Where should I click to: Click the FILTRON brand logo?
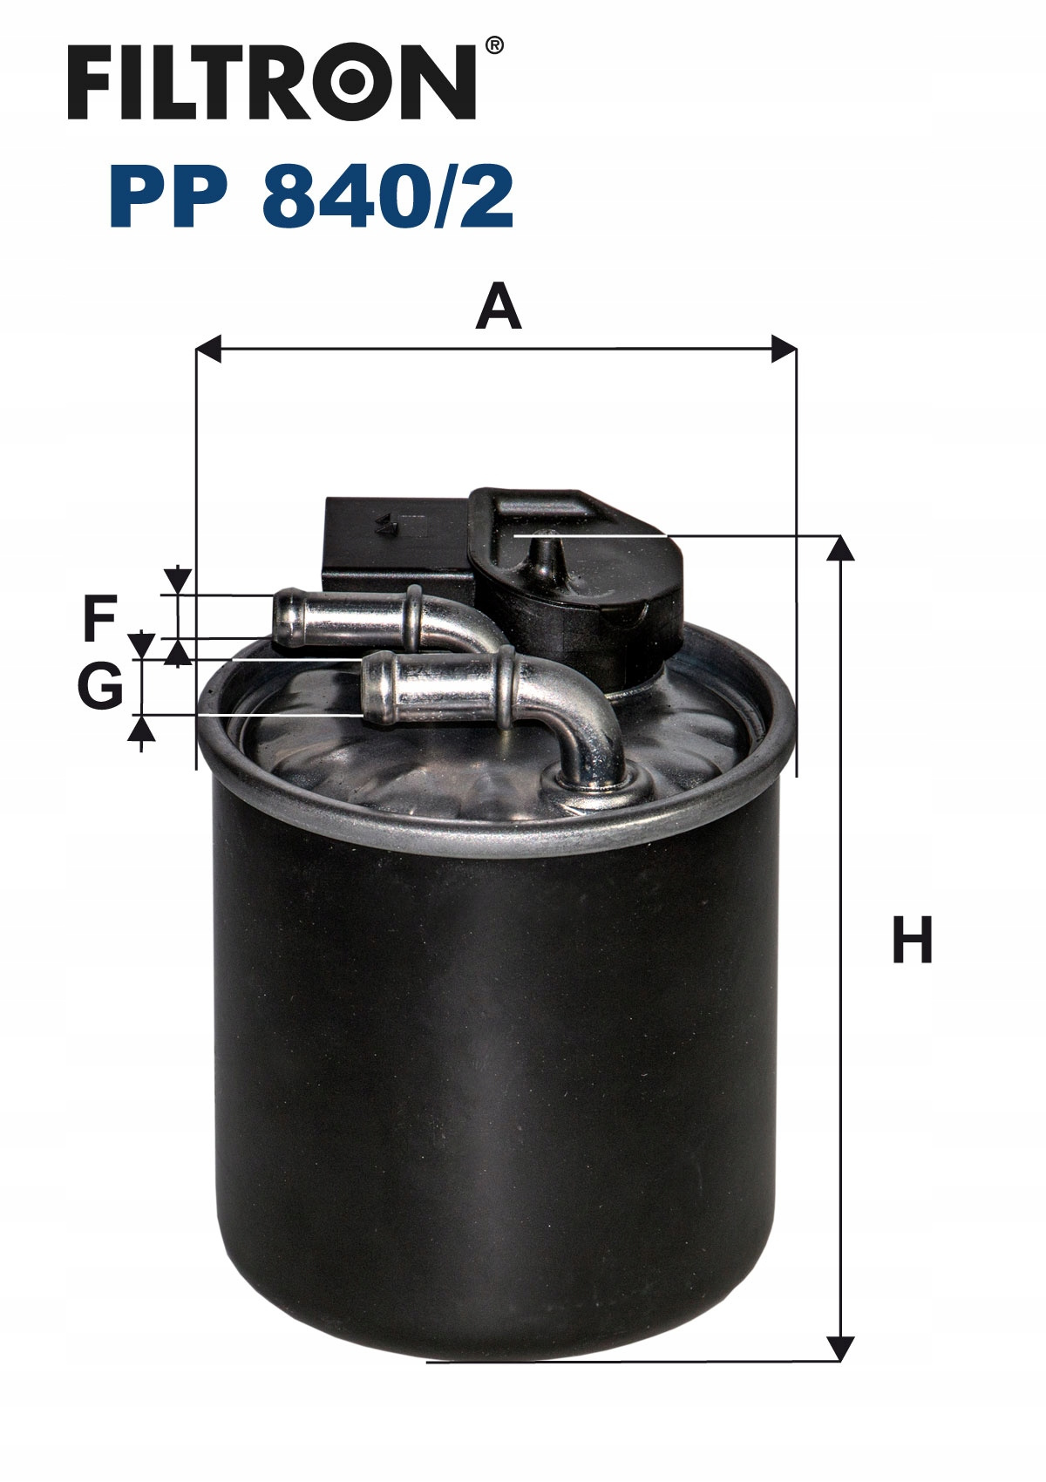271,83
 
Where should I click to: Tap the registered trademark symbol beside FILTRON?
493,45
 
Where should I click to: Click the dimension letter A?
499,306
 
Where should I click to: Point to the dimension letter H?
913,939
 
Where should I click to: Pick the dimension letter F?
100,617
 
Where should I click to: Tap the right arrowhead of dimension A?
784,349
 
